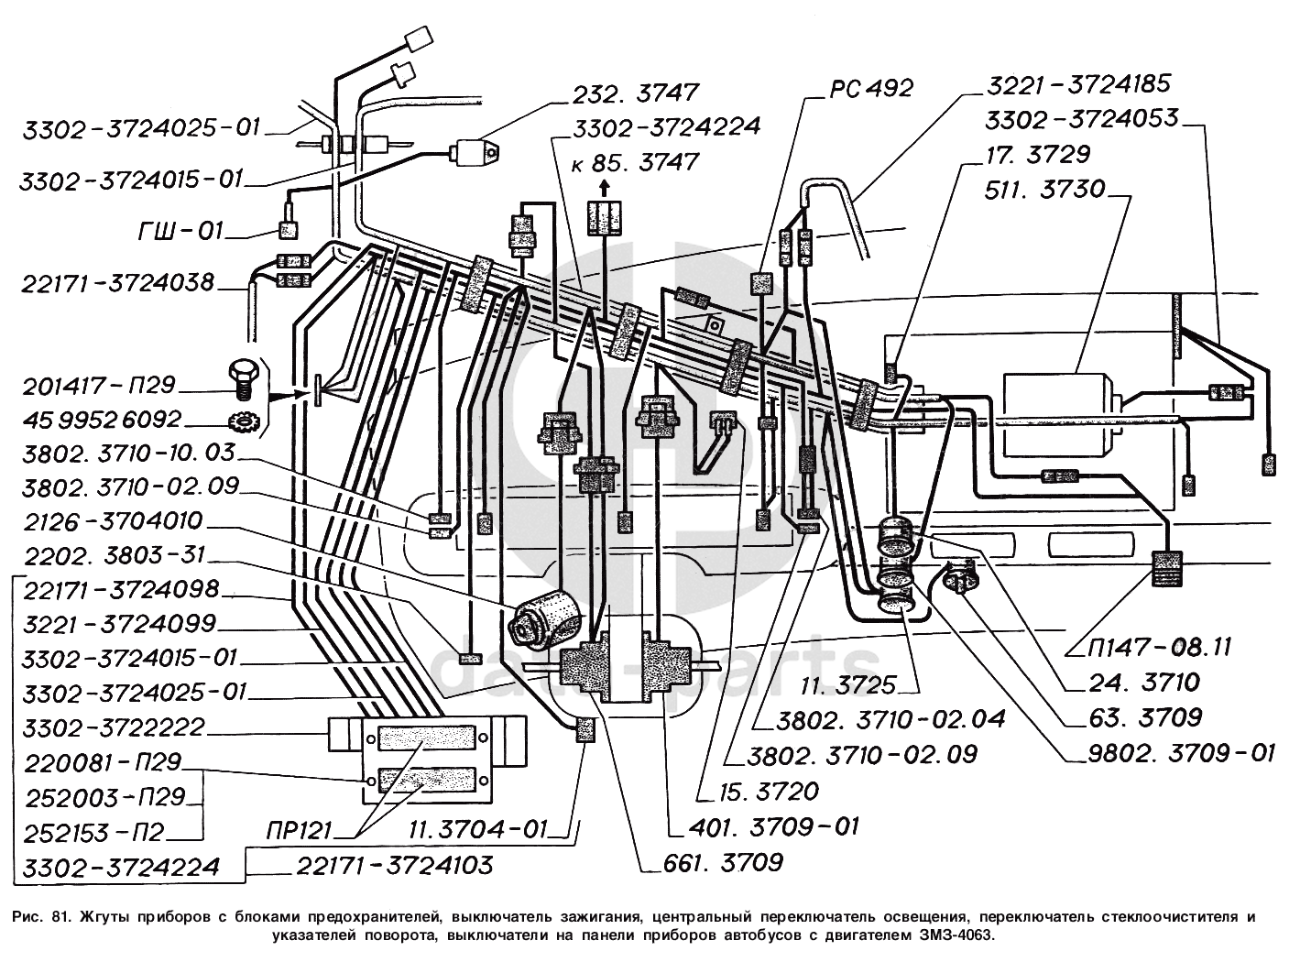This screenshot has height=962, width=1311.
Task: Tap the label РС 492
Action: coord(871,88)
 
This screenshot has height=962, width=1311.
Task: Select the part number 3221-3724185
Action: coord(1078,84)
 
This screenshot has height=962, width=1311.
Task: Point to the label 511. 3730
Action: coord(1044,191)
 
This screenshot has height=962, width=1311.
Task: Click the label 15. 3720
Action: coord(757,790)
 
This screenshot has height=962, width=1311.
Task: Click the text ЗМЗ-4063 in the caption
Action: coord(953,935)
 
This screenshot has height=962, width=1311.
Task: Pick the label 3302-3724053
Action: coord(1081,119)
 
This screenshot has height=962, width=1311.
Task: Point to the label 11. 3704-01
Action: coord(477,831)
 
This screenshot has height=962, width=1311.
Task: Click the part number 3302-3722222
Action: coord(115,727)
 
